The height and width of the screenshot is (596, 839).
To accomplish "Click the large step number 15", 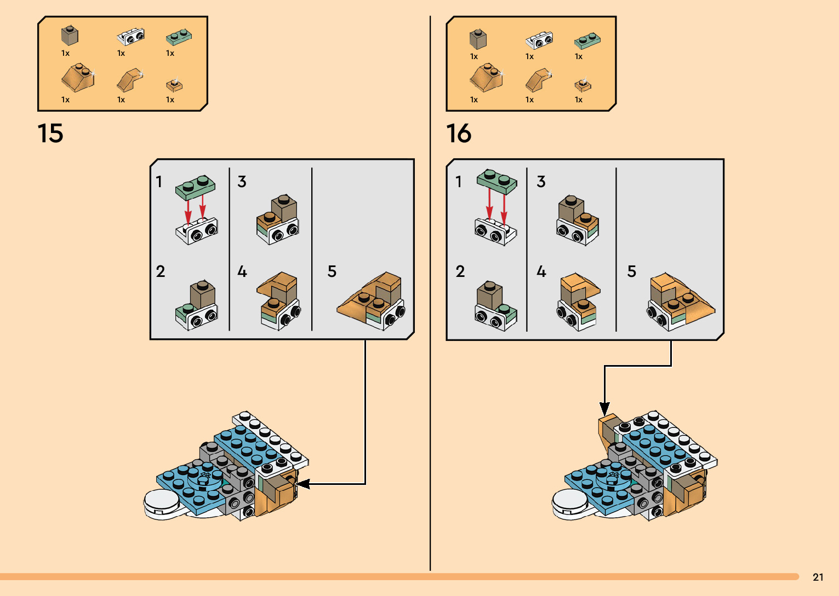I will pyautogui.click(x=50, y=134).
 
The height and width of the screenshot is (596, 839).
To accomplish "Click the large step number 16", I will pyautogui.click(x=459, y=134).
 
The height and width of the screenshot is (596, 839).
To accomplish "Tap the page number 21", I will pyautogui.click(x=818, y=577).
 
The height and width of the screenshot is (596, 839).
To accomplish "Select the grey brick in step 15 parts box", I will pyautogui.click(x=70, y=36).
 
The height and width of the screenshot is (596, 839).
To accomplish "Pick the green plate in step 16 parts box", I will pyautogui.click(x=587, y=40).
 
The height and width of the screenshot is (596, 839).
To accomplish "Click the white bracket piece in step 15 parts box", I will pyautogui.click(x=131, y=36).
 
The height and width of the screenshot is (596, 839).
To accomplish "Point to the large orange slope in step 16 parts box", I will pyautogui.click(x=486, y=78).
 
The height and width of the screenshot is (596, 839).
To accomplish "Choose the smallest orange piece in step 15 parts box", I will pyautogui.click(x=174, y=85).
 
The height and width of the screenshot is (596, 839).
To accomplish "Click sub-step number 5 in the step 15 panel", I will pyautogui.click(x=332, y=271).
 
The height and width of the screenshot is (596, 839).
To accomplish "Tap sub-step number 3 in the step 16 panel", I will pyautogui.click(x=541, y=182).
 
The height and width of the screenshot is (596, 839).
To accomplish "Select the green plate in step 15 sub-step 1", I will pyautogui.click(x=195, y=186).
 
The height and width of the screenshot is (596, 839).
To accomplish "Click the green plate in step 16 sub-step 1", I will pyautogui.click(x=496, y=181).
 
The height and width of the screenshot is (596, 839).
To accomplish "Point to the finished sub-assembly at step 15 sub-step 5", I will pyautogui.click(x=372, y=302).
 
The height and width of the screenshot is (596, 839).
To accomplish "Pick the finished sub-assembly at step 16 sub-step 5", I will pyautogui.click(x=680, y=302).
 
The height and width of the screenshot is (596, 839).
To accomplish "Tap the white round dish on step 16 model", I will pyautogui.click(x=570, y=501).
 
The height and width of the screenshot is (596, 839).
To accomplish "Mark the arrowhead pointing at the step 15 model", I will pyautogui.click(x=302, y=484).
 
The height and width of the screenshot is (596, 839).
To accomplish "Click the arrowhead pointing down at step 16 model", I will pyautogui.click(x=604, y=409).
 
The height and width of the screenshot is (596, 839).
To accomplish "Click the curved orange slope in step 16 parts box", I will pyautogui.click(x=539, y=80).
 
